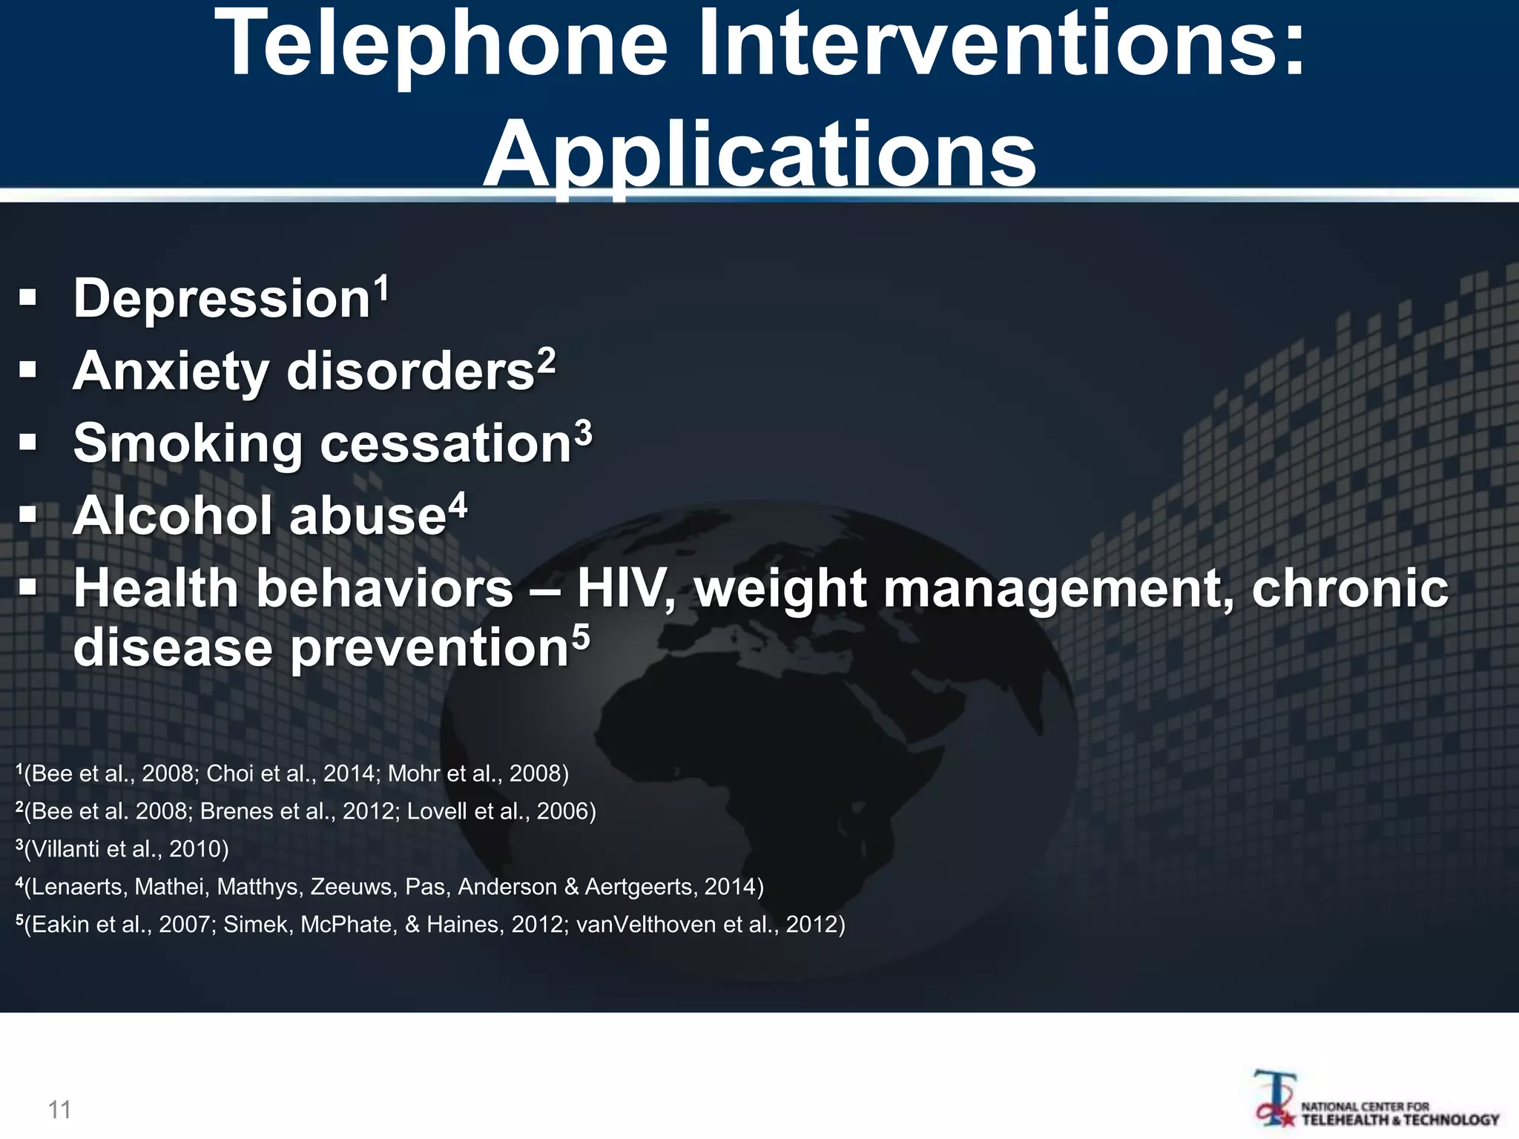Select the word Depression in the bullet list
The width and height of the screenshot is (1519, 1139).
pos(221,299)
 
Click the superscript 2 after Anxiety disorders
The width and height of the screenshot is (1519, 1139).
pos(547,360)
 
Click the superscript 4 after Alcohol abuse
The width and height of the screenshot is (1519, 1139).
pos(458,506)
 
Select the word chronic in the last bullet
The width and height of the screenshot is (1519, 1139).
pos(1349,589)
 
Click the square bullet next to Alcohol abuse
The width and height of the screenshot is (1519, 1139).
pos(28,515)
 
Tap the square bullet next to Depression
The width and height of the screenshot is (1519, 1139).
pos(28,299)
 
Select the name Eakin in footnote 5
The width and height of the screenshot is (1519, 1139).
pos(62,925)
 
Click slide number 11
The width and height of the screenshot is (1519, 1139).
pos(59,1109)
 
